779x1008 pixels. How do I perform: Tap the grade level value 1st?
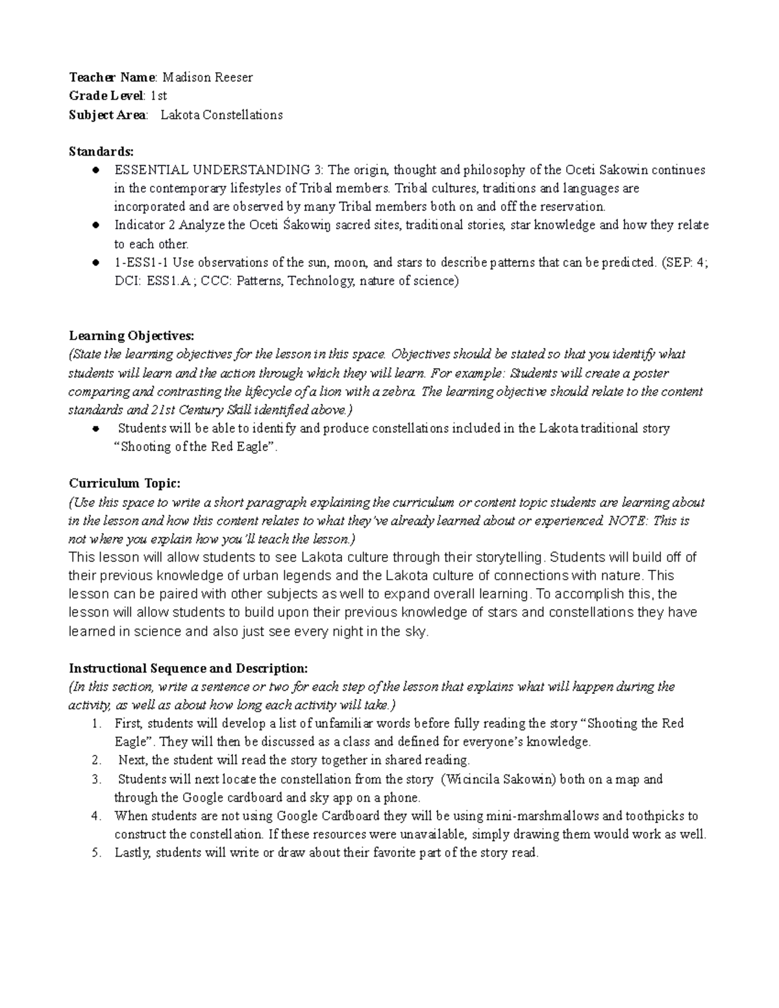pos(159,96)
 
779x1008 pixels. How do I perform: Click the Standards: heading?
pos(101,152)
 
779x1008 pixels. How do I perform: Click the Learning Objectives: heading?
pos(131,336)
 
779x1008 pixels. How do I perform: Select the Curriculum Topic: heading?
pos(125,484)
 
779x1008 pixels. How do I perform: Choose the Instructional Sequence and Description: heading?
pos(188,669)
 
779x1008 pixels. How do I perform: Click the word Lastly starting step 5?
pos(132,854)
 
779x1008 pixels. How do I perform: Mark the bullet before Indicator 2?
pos(95,226)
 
